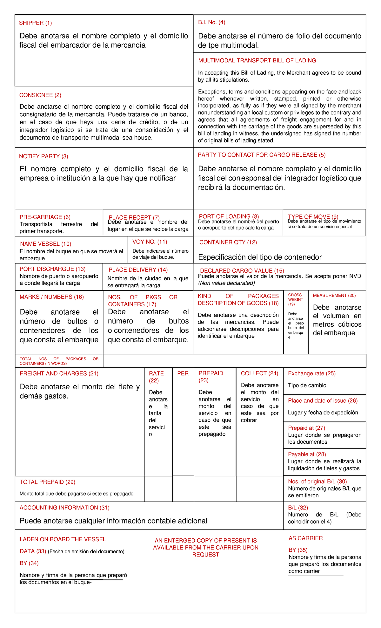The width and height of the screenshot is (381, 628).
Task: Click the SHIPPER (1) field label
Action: pyautogui.click(x=35, y=23)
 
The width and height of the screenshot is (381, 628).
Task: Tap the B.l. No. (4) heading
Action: pyautogui.click(x=211, y=22)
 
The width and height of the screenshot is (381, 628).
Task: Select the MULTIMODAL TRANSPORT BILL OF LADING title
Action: pyautogui.click(x=257, y=60)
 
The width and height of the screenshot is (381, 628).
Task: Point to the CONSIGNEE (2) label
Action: pyautogui.click(x=40, y=95)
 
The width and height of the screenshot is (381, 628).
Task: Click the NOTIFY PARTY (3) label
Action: pyautogui.click(x=43, y=156)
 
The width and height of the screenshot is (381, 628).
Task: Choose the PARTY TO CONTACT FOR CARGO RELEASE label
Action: pyautogui.click(x=261, y=155)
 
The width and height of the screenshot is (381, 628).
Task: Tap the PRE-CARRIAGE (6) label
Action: pyautogui.click(x=45, y=217)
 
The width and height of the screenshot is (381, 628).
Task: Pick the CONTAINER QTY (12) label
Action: pyautogui.click(x=228, y=242)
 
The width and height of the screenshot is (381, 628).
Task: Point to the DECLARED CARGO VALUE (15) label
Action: pyautogui.click(x=242, y=270)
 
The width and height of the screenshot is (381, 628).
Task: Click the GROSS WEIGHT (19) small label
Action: pyautogui.click(x=295, y=299)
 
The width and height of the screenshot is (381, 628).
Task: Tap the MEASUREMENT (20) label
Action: pyautogui.click(x=334, y=296)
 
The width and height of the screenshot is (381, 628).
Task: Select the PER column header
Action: pyautogui.click(x=183, y=373)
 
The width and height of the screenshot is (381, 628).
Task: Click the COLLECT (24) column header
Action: pyautogui.click(x=259, y=373)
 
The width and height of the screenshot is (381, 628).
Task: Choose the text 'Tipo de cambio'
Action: pyautogui.click(x=307, y=386)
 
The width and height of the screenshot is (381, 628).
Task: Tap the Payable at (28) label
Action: pyautogui.click(x=307, y=454)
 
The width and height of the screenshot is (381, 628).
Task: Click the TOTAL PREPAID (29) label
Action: pyautogui.click(x=47, y=482)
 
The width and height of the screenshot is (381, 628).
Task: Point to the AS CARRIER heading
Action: pyautogui.click(x=305, y=538)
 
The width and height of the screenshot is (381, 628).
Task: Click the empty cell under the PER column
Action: pyautogui.click(x=183, y=488)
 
